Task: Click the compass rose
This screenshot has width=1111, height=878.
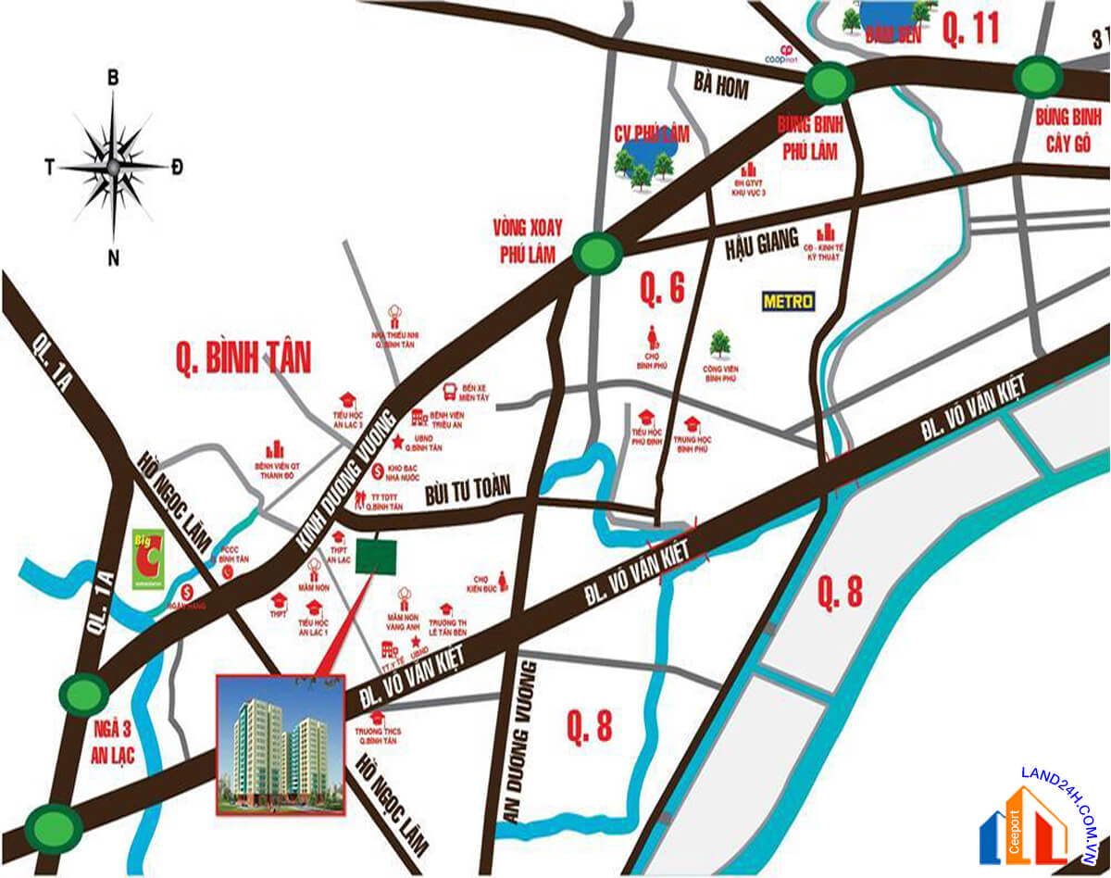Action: (113, 167)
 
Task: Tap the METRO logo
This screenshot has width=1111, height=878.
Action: (788, 301)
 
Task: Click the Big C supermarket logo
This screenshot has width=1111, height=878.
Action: (146, 559)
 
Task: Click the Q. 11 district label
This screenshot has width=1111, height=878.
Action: (971, 29)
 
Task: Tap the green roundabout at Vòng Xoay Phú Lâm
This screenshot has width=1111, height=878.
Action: (597, 252)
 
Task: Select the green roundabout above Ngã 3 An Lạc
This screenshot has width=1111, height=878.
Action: (85, 692)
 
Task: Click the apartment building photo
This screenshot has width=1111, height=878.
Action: (281, 745)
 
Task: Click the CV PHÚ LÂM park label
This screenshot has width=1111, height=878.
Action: (652, 134)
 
